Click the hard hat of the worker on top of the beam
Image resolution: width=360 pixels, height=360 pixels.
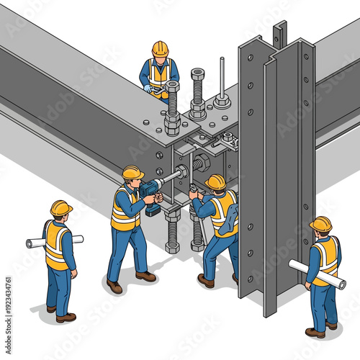click(x=160, y=48)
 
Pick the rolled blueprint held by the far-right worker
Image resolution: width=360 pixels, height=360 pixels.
click(x=317, y=274)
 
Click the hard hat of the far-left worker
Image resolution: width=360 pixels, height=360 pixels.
click(x=61, y=207)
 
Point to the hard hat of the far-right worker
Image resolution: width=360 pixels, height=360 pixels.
click(x=321, y=223)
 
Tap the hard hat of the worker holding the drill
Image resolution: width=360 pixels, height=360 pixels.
click(x=132, y=172)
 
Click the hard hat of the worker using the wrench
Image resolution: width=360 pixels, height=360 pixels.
click(x=216, y=181)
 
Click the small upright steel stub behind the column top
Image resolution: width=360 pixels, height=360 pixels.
click(x=279, y=32)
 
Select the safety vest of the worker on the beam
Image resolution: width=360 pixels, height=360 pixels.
click(x=158, y=73)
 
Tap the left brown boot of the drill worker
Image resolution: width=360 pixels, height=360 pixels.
click(x=114, y=286)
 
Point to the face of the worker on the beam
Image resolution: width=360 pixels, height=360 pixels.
click(x=160, y=58)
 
